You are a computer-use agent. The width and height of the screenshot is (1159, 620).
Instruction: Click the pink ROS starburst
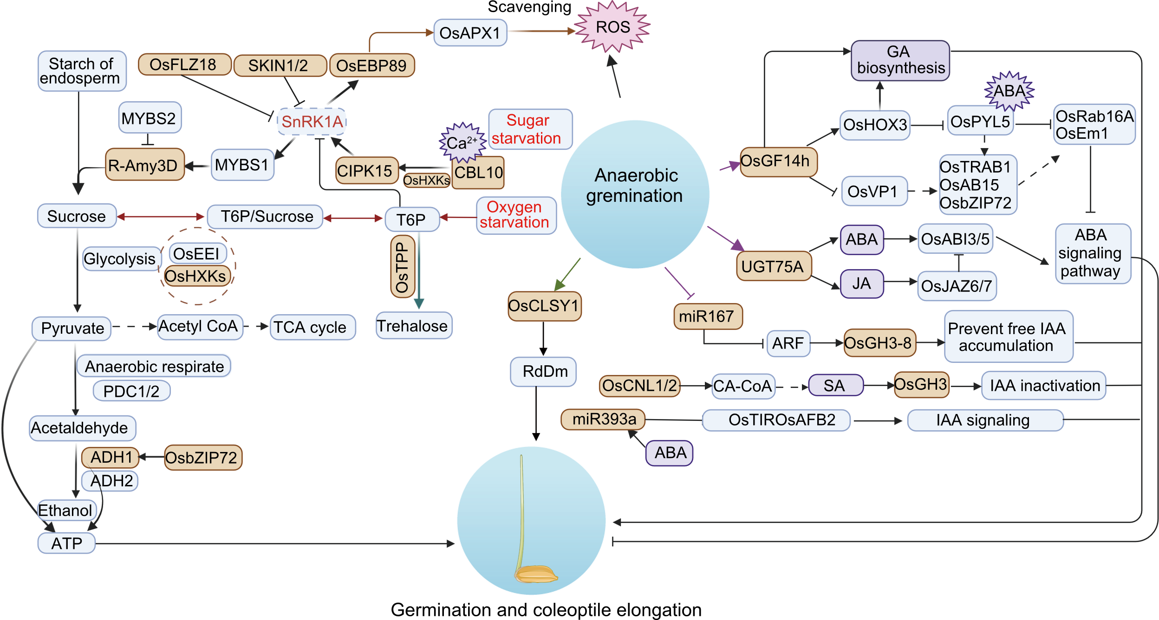pyautogui.click(x=612, y=27)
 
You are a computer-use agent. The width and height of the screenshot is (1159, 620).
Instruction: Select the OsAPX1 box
pyautogui.click(x=470, y=33)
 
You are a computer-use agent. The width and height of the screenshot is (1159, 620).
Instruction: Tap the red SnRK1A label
pyautogui.click(x=312, y=122)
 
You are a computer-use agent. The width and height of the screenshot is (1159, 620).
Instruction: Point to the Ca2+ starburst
pyautogui.click(x=462, y=142)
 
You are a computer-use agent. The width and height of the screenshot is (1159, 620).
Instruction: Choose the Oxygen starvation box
pyautogui.click(x=515, y=215)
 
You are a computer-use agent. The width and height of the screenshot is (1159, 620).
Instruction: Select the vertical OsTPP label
pyautogui.click(x=402, y=267)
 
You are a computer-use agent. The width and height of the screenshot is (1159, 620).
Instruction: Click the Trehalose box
pyautogui.click(x=413, y=326)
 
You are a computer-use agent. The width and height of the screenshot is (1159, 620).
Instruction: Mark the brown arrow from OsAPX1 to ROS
pyautogui.click(x=541, y=31)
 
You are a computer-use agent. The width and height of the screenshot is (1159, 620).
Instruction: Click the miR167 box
pyautogui.click(x=707, y=316)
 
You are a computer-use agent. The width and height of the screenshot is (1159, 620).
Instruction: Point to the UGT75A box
pyautogui.click(x=773, y=266)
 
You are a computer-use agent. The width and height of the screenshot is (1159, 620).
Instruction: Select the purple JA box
pyautogui.click(x=861, y=284)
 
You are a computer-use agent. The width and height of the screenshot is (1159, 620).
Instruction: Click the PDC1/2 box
pyautogui.click(x=131, y=391)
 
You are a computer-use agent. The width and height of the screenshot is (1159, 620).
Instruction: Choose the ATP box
pyautogui.click(x=67, y=543)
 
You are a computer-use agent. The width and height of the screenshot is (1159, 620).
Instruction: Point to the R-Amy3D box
pyautogui.click(x=144, y=165)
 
